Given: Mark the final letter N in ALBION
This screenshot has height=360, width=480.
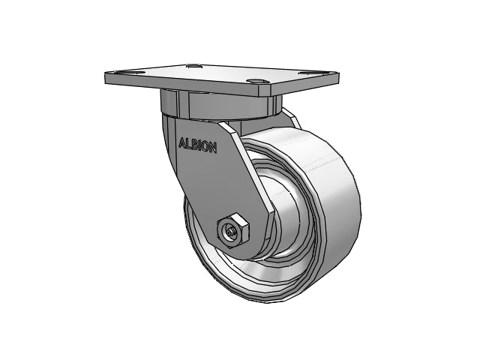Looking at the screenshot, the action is (212, 148).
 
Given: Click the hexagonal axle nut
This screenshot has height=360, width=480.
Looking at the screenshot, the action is (232, 231).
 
